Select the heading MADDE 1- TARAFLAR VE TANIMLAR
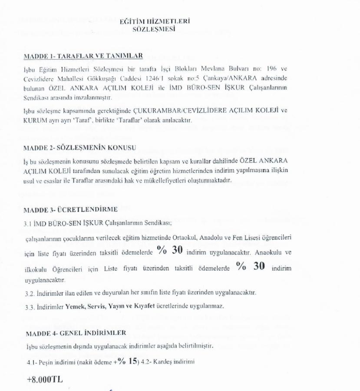coord(83,56)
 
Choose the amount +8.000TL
coord(45,379)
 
